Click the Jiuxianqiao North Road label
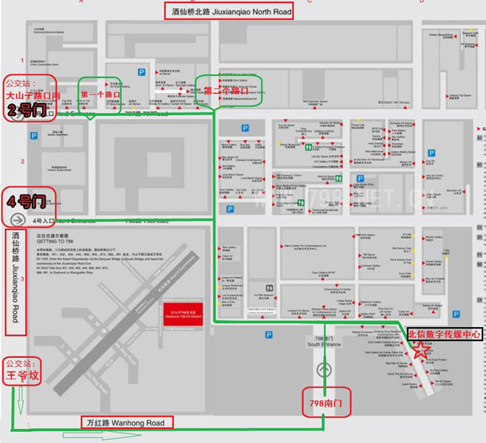pyautogui.click(x=229, y=11)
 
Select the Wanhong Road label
pyautogui.click(x=127, y=422)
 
